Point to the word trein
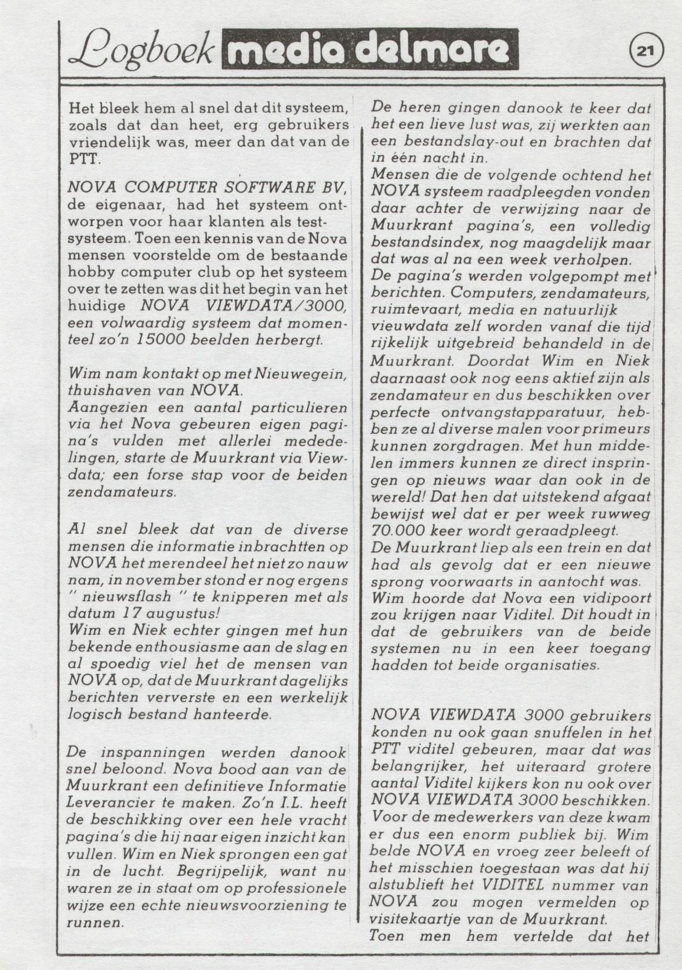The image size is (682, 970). pyautogui.click(x=547, y=548)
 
